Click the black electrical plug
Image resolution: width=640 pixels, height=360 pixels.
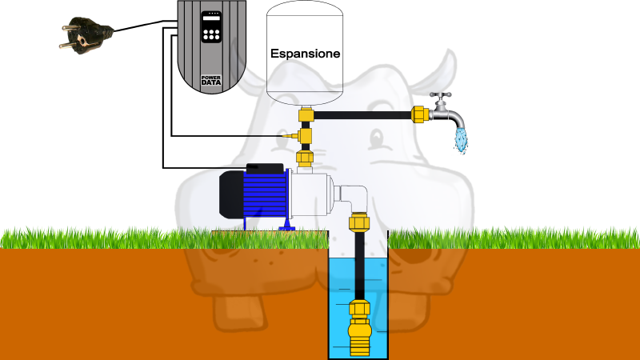click(86, 35)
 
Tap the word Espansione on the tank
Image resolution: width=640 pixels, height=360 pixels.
click(306, 54)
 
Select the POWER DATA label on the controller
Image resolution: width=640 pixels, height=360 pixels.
click(211, 80)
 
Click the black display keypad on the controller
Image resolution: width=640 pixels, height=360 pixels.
click(211, 27)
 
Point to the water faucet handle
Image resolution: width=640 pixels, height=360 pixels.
click(441, 96)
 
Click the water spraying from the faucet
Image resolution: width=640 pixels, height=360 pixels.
click(462, 140)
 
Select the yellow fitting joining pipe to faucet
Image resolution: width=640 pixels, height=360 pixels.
click(419, 114)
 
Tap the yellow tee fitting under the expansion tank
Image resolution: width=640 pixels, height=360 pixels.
click(306, 114)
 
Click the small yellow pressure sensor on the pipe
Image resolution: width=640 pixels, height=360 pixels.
click(290, 135)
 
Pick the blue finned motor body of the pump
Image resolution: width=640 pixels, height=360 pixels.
click(266, 194)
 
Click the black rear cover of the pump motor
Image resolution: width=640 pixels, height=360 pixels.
click(231, 194)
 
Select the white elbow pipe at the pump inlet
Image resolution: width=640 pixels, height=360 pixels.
click(352, 198)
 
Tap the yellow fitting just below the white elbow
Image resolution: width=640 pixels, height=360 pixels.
click(359, 222)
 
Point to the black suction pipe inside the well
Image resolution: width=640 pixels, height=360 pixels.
click(359, 266)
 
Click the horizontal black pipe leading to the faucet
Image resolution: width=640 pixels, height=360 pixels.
click(362, 115)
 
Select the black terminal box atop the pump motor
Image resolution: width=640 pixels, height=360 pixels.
click(265, 168)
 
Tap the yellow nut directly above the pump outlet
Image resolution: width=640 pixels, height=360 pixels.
click(305, 158)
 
